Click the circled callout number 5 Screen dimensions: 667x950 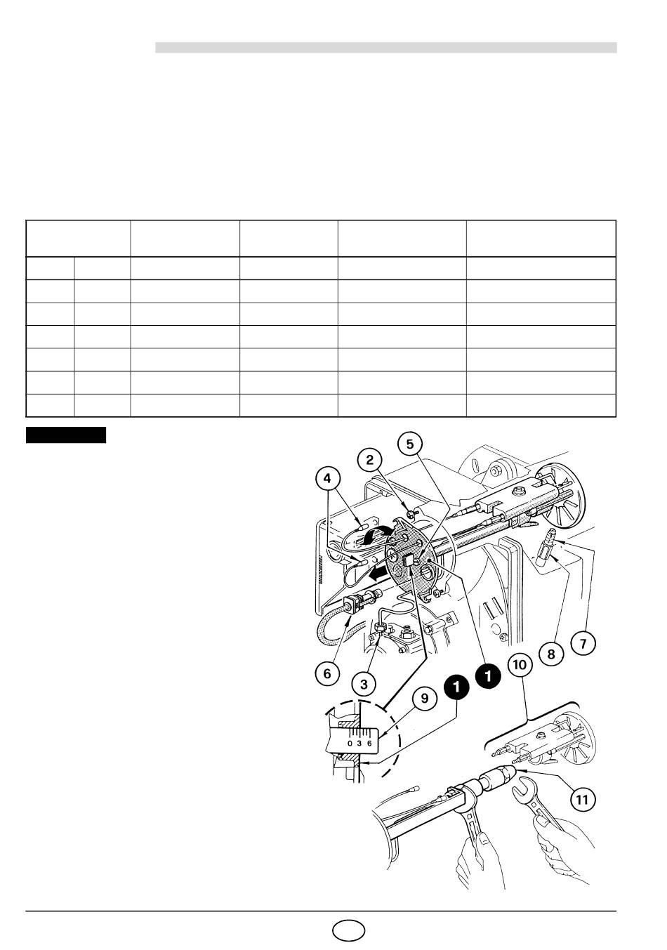[409, 444]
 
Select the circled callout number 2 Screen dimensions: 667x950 [370, 460]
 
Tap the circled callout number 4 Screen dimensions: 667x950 [327, 479]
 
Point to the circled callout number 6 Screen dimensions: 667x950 [327, 674]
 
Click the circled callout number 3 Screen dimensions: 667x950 [364, 684]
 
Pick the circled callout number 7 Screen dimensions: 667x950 [583, 644]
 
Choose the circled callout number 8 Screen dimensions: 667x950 [551, 654]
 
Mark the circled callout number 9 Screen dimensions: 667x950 [425, 698]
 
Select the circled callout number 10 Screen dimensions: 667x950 [520, 664]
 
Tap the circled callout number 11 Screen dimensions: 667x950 [582, 800]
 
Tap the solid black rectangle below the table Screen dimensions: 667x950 [66, 435]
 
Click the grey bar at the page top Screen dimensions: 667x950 [386, 48]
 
